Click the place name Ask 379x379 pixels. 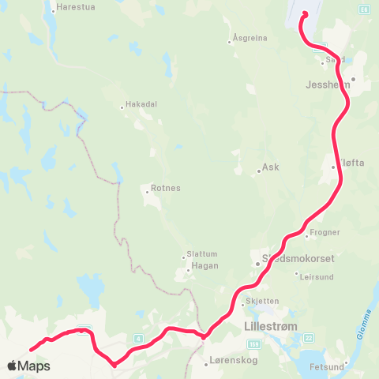[271, 167]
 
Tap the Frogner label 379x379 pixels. [325, 233]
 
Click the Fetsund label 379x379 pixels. [361, 366]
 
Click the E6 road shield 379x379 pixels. [363, 9]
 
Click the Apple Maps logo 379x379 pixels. [28, 366]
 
